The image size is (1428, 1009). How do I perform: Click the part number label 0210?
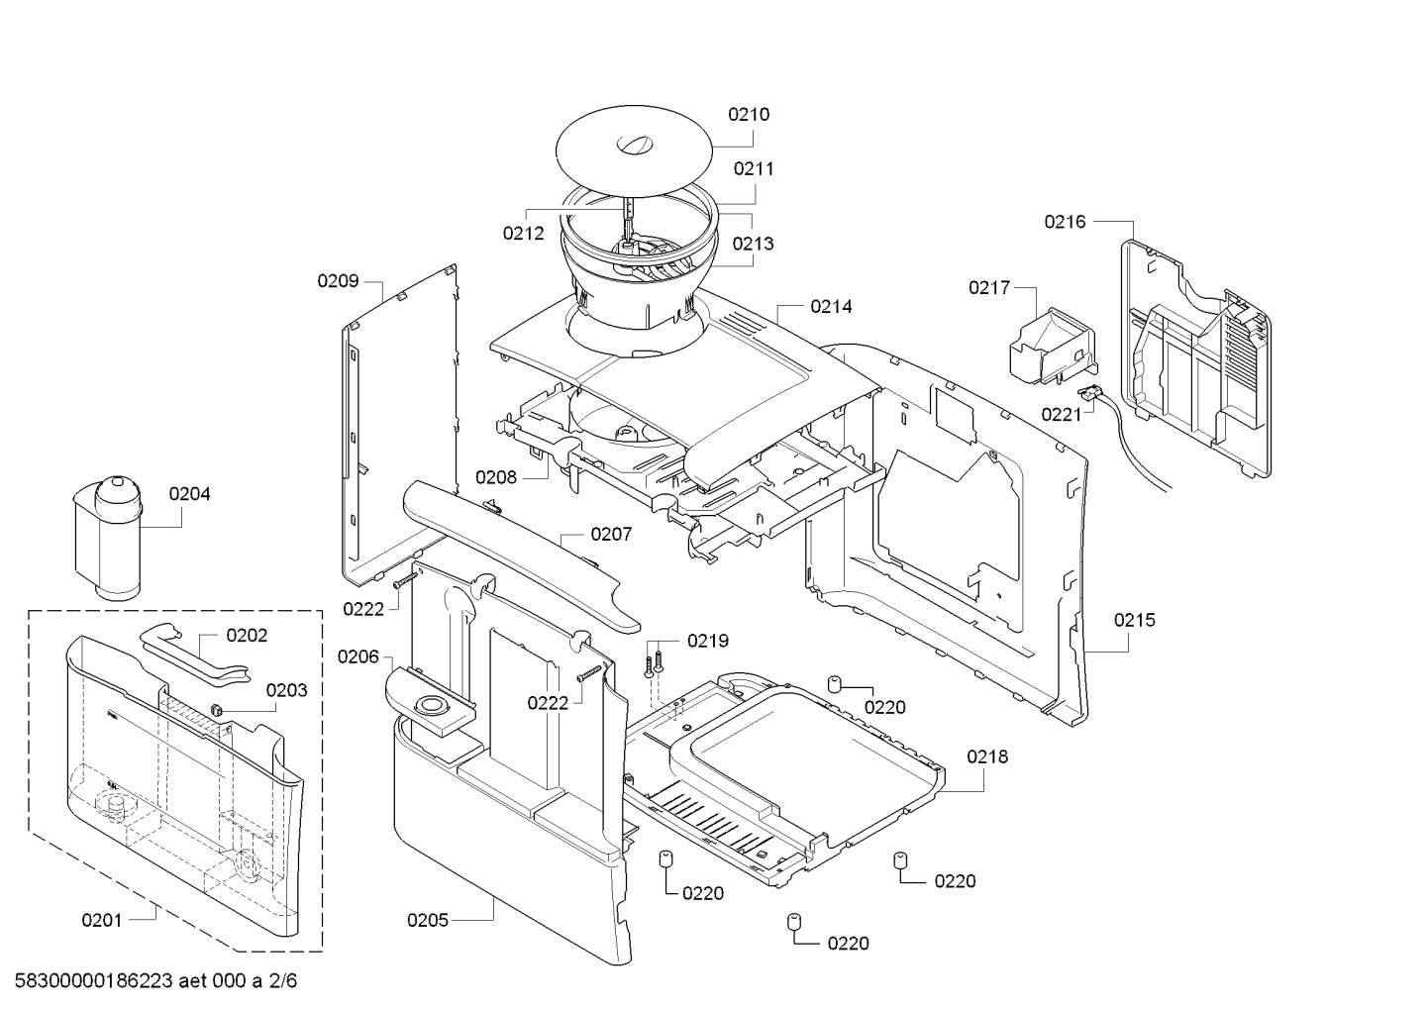(x=749, y=115)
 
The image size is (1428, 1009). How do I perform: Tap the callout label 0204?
(x=189, y=494)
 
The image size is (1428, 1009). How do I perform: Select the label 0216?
(x=1065, y=222)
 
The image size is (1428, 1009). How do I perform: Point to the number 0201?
(x=102, y=920)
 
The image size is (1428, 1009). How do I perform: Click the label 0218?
(x=987, y=757)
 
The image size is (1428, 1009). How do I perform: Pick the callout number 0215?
(x=1135, y=620)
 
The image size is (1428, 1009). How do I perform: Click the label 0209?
(x=338, y=281)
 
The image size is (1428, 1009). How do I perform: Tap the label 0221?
(x=1062, y=415)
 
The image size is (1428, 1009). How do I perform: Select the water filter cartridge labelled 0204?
(x=108, y=538)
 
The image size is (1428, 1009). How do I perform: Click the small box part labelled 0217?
(x=1053, y=347)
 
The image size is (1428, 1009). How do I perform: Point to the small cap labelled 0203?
(x=216, y=709)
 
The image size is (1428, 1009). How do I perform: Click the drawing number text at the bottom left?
(x=155, y=980)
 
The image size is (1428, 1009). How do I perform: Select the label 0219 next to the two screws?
(x=708, y=641)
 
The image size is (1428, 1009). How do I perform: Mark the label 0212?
(x=524, y=234)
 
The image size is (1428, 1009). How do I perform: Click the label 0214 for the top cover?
(x=831, y=307)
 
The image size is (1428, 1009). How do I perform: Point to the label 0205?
(x=428, y=920)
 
